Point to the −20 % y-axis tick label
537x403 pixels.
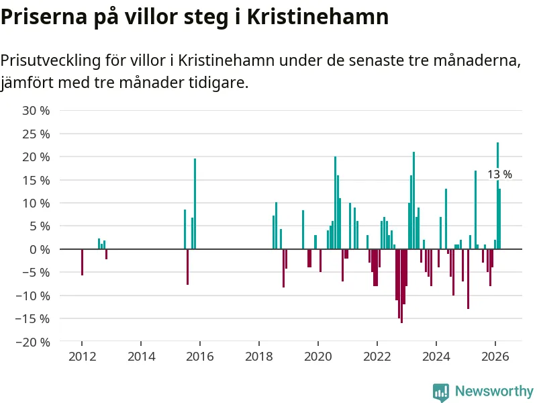click(34, 342)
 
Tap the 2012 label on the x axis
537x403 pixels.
click(82, 357)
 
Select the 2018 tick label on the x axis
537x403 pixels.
click(259, 357)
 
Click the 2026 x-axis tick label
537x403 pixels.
click(495, 357)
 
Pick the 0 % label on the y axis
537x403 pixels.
click(40, 249)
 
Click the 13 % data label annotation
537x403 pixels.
click(499, 175)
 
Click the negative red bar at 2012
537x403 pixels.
click(82, 262)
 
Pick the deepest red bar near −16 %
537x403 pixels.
click(401, 285)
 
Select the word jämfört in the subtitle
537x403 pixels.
click(26, 83)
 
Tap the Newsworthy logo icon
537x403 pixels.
click(441, 392)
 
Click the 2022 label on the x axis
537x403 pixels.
click(377, 357)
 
